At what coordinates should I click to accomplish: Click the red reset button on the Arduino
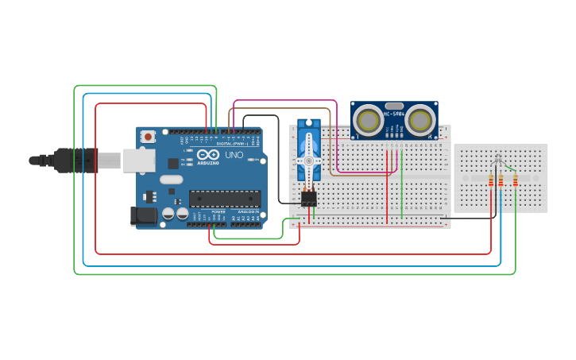point(148,137)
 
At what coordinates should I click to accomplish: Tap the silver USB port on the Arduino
point(138,161)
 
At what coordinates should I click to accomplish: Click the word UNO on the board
point(234,155)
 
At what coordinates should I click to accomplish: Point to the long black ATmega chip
point(225,199)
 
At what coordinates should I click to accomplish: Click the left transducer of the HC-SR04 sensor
point(368,120)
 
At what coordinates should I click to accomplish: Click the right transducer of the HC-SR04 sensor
point(421,120)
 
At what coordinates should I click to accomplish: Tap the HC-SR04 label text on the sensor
point(395,114)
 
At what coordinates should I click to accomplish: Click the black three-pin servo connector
point(309,198)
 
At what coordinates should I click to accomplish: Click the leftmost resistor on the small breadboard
point(491,181)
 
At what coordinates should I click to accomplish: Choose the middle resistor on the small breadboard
point(501,181)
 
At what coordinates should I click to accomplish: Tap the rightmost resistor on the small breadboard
point(516,181)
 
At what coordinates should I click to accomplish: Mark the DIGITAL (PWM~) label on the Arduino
point(230,144)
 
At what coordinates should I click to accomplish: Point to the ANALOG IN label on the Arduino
point(248,212)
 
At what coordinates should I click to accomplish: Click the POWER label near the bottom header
point(218,212)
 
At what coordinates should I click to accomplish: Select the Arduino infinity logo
point(209,156)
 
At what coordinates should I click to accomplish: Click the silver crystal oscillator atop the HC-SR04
point(394,105)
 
